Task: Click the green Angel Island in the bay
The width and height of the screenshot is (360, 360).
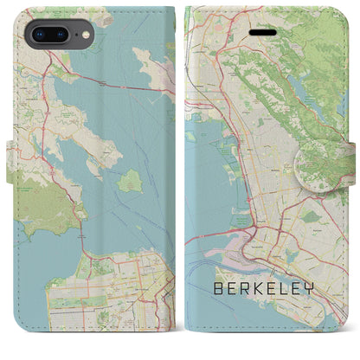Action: (130, 182)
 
